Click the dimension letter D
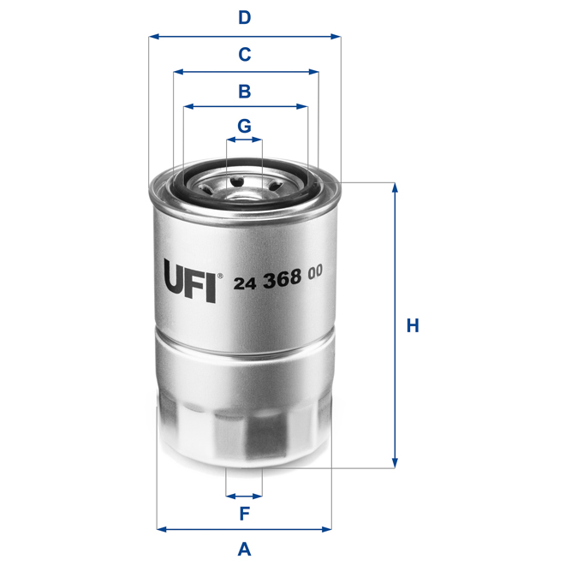click(244, 17)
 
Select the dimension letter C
click(244, 54)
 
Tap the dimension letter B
click(244, 90)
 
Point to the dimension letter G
click(244, 125)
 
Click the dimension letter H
click(413, 325)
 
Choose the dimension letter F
click(244, 514)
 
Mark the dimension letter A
click(244, 548)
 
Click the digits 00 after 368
click(315, 273)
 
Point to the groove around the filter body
click(244, 339)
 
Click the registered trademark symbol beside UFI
click(220, 277)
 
